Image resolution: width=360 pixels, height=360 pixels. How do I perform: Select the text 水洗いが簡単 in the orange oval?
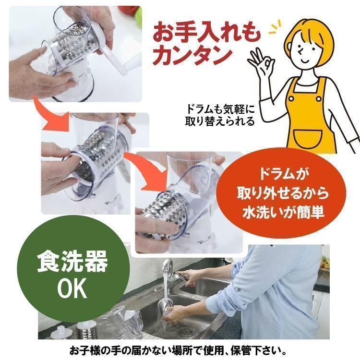pos(283,212)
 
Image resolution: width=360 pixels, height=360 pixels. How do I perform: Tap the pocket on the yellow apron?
pos(308,139)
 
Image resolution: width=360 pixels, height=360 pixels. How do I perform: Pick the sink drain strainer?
pos(189,331)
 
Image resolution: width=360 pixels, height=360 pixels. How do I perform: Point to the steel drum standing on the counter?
pos(86,330)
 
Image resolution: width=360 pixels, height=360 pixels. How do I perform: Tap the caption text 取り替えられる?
pos(220,121)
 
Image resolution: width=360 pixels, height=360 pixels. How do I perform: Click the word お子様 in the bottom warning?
pos(85,351)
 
